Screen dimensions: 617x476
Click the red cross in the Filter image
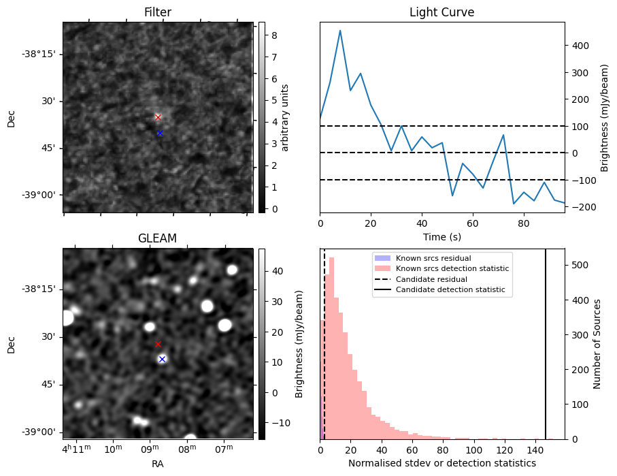[x=158, y=117]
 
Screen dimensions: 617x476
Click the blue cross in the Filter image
[x=160, y=133]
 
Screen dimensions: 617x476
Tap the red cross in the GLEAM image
[x=158, y=345]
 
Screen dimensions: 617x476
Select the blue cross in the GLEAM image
[x=162, y=359]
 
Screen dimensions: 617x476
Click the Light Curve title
[x=442, y=12]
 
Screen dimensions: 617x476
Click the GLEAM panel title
[x=157, y=238]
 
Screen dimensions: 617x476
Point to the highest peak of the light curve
[x=340, y=31]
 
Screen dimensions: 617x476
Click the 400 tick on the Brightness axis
[x=581, y=46]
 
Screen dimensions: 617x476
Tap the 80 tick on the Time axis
[x=524, y=223]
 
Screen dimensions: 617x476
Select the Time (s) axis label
[x=442, y=237]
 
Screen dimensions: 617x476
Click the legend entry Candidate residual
[x=431, y=279]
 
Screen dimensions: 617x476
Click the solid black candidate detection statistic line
[x=546, y=344]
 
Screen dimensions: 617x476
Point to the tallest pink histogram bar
[x=331, y=349]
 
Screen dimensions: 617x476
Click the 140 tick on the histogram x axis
[x=535, y=450]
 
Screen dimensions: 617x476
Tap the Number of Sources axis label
[x=597, y=344]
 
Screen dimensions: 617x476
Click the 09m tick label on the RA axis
[x=150, y=449]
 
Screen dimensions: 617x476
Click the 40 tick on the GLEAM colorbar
[x=278, y=271]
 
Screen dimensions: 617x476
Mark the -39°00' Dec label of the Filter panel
[x=41, y=195]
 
